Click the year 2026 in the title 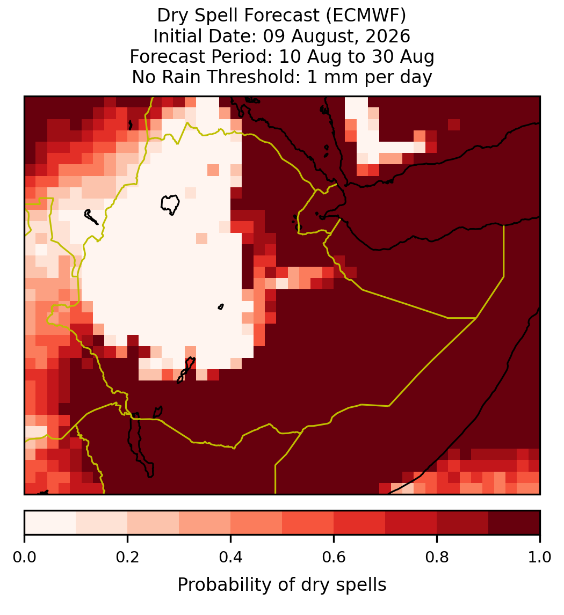pos(388,36)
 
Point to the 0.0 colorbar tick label pos(24,558)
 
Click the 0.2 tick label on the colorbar pos(127,558)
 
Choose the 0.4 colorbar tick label pos(231,558)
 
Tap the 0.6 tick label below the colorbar pos(334,558)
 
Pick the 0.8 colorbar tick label pos(437,558)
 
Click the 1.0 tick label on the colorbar pos(540,558)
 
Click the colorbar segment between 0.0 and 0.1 pos(50,523)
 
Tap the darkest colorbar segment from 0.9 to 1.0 pos(515,523)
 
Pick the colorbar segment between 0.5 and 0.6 pos(308,523)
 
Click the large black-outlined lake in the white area pos(170,204)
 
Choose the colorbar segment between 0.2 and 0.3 pos(153,523)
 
